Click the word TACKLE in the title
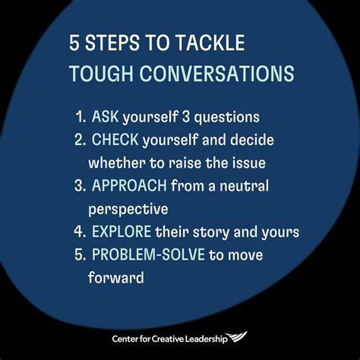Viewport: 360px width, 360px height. click(x=210, y=43)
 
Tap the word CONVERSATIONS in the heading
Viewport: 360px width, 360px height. click(x=216, y=74)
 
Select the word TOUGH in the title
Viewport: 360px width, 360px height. click(x=102, y=74)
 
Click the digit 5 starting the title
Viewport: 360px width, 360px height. click(x=74, y=43)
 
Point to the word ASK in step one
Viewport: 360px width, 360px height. click(x=105, y=116)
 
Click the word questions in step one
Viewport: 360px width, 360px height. click(x=226, y=118)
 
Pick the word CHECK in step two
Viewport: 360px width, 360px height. click(x=115, y=140)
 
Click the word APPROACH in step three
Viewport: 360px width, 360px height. click(x=129, y=185)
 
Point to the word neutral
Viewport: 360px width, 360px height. click(x=244, y=185)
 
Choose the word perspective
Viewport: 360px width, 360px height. click(x=128, y=210)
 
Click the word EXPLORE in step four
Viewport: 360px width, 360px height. click(x=122, y=232)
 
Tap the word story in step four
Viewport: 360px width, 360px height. click(x=211, y=232)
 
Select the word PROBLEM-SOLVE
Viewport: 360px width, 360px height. click(x=148, y=254)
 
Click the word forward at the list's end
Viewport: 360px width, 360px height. click(x=116, y=277)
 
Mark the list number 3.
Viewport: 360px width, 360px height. click(x=80, y=185)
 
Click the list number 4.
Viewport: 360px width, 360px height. click(x=80, y=232)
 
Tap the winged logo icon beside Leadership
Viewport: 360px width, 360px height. click(x=236, y=337)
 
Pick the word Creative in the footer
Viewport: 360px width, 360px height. click(x=168, y=339)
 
